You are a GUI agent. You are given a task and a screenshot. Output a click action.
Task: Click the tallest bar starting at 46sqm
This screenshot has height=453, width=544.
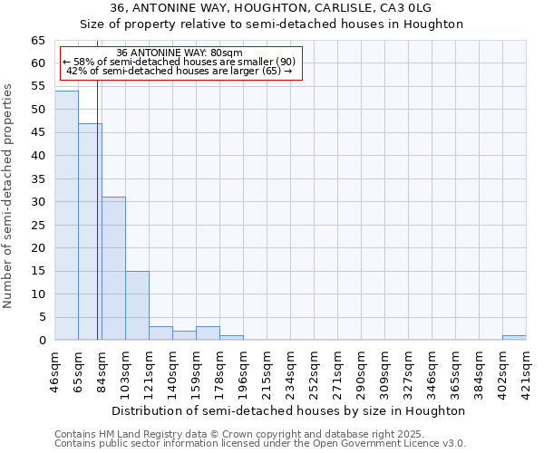pos(66,216)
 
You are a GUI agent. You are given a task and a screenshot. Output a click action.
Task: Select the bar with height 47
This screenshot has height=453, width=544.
pos(90,232)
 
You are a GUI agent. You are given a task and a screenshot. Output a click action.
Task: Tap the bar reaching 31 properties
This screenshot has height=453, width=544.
pos(113,268)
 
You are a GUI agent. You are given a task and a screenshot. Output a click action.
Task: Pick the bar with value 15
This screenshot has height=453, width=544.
pos(137,305)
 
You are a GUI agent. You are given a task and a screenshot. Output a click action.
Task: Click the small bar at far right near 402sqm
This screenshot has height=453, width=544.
pos(514,338)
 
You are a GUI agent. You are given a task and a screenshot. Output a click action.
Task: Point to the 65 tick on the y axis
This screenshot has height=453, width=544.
pos(37,41)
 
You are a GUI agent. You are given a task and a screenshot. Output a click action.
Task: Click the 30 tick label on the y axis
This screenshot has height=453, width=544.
pos(37,202)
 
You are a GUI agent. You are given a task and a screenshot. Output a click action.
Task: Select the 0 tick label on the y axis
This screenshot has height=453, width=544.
pos(41,341)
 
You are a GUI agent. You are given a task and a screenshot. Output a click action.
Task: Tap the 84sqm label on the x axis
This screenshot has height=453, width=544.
pos(102,370)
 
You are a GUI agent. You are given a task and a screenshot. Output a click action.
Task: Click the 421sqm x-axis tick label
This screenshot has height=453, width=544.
pos(526,370)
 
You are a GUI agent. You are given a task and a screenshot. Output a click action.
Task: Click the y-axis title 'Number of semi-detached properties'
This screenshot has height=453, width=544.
pos(8,196)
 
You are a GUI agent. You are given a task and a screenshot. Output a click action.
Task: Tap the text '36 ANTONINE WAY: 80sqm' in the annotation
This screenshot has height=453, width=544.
pos(180,53)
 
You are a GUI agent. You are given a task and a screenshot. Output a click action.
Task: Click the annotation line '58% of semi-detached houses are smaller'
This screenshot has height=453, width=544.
pos(180,62)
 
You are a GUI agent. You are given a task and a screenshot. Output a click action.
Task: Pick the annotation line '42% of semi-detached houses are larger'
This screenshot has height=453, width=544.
pos(180,71)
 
